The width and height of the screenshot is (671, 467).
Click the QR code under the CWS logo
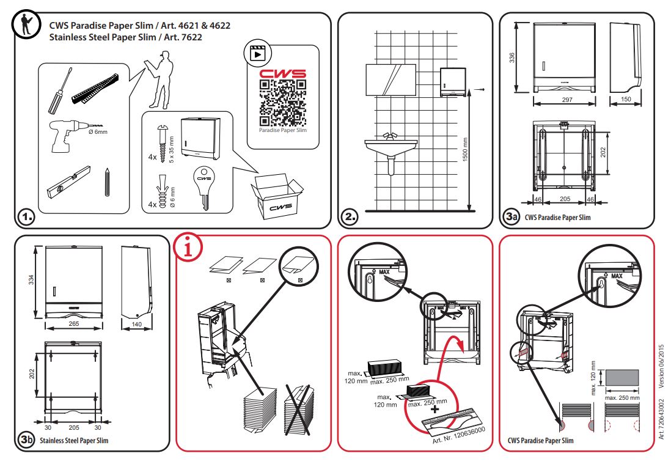282,102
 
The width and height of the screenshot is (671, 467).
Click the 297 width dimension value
566,100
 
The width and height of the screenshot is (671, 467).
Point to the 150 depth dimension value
626,100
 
